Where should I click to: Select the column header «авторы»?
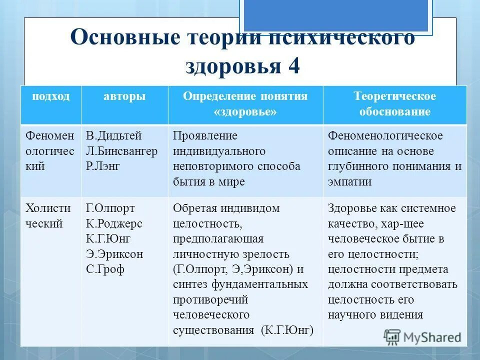coord(124,96)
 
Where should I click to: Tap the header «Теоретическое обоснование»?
coord(394,104)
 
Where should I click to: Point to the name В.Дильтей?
coord(114,136)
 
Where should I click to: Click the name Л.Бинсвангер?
coord(121,151)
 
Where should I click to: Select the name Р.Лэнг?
coord(103,166)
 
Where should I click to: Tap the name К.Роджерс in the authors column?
coord(114,223)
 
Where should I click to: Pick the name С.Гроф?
coord(105,269)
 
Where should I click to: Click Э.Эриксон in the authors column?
coord(114,254)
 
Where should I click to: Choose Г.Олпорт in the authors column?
coord(110,208)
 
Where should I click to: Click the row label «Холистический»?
coord(48,216)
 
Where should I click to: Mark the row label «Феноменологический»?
coord(49,151)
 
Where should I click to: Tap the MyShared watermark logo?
coord(422,337)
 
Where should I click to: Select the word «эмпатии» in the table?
coord(349,181)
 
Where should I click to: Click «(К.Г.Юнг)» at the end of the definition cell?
coord(287,330)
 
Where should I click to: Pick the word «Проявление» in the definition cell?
coord(205,136)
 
